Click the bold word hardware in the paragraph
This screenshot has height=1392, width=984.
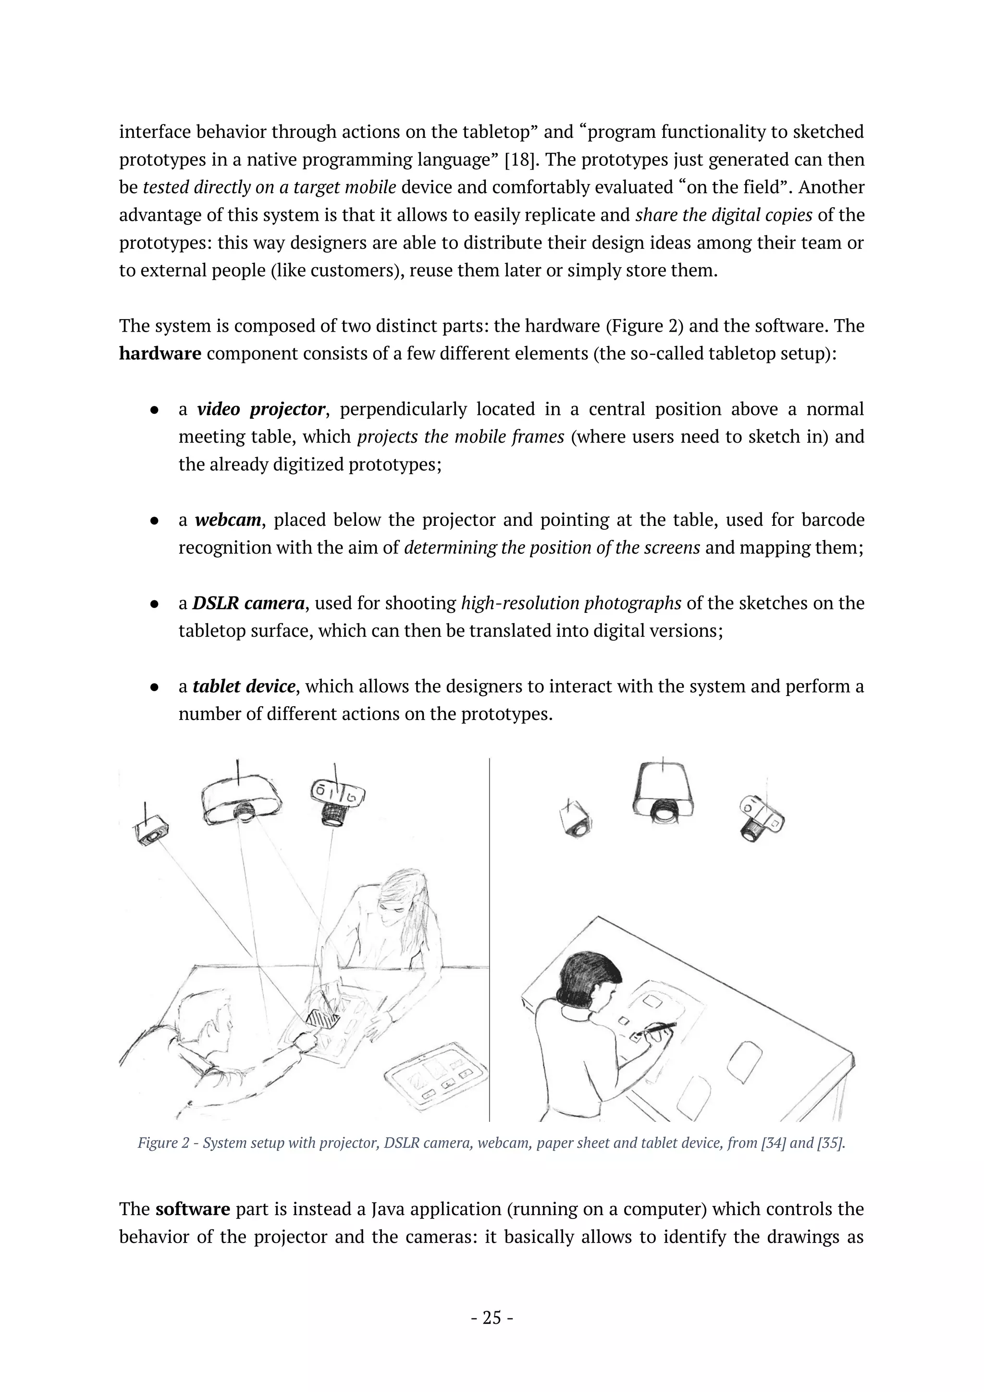tap(160, 353)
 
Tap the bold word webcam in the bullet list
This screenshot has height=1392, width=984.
tap(228, 520)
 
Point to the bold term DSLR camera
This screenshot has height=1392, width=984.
tap(248, 603)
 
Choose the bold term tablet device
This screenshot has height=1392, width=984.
tap(244, 686)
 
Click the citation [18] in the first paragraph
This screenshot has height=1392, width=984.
tap(518, 160)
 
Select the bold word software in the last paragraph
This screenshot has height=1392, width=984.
tap(193, 1209)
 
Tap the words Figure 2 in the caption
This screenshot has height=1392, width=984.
tap(162, 1143)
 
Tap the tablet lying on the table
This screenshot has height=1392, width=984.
tap(436, 1077)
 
